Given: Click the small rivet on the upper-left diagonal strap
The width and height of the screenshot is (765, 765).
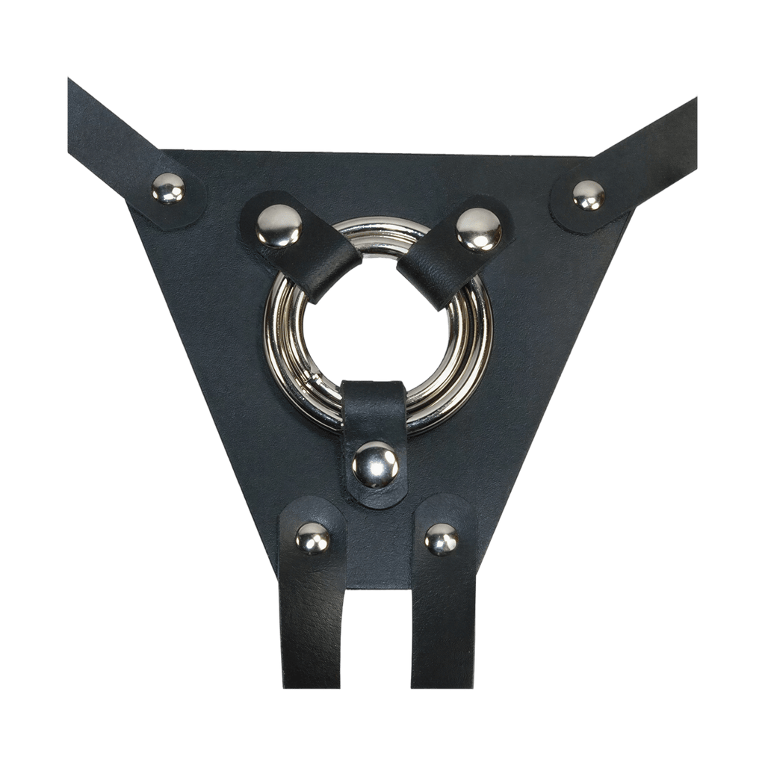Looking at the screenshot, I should point(168,188).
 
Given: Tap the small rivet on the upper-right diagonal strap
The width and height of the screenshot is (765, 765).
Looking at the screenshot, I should point(589,195).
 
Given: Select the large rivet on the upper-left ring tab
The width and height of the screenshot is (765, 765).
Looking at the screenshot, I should point(279,225).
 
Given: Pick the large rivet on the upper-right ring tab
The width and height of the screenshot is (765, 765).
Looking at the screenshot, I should point(479,229).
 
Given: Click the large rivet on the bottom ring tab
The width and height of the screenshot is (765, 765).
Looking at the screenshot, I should point(376,464).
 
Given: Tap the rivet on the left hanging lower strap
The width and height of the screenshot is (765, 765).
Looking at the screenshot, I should point(313,538).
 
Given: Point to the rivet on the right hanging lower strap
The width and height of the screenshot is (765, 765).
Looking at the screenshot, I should point(442,539).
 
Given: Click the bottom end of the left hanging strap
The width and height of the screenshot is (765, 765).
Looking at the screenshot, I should point(312,680).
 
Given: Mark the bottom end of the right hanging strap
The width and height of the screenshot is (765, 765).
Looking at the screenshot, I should point(442,680).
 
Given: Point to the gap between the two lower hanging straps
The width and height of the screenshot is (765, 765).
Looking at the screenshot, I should point(378,635).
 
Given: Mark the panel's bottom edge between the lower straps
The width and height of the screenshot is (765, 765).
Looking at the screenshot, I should point(378,587).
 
